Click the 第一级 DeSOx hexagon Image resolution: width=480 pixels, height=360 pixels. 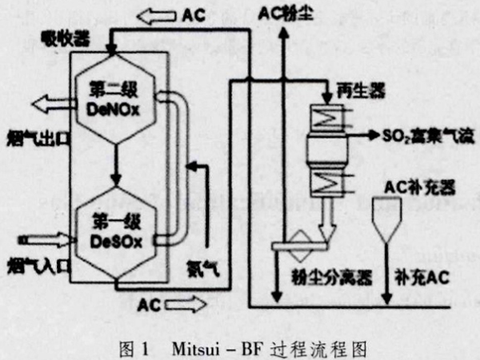pyautogui.click(x=116, y=227)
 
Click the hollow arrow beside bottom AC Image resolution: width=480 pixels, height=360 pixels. pyautogui.click(x=186, y=303)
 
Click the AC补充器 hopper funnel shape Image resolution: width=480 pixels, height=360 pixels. pyautogui.click(x=393, y=219)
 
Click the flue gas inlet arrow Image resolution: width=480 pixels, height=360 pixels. pyautogui.click(x=38, y=238)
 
